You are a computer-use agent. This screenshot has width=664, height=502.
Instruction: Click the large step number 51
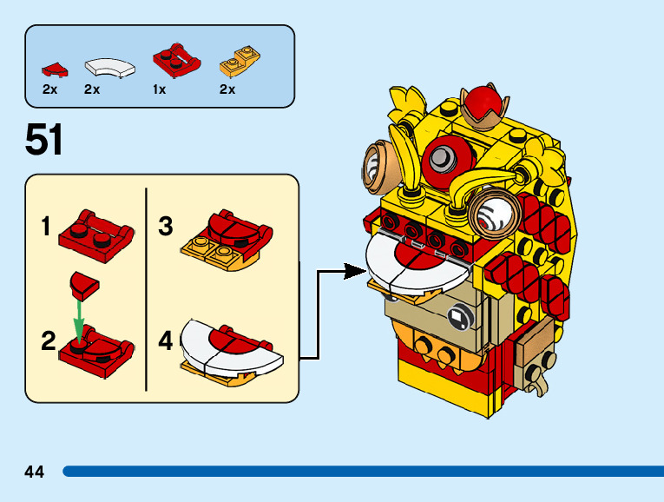44,139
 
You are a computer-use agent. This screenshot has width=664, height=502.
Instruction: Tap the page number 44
35,472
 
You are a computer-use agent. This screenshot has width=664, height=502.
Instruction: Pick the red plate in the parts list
176,59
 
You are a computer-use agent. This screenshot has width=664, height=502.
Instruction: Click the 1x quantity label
159,89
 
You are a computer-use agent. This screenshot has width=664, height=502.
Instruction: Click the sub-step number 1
46,228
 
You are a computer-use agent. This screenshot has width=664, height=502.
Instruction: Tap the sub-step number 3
166,228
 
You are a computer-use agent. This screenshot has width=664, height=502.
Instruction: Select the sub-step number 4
166,340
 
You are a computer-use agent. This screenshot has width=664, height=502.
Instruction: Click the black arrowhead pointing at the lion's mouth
354,272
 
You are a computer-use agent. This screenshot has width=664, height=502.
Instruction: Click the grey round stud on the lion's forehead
443,157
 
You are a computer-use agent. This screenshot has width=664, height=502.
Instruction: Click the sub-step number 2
49,341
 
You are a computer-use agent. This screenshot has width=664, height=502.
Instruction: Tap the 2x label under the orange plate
227,89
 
